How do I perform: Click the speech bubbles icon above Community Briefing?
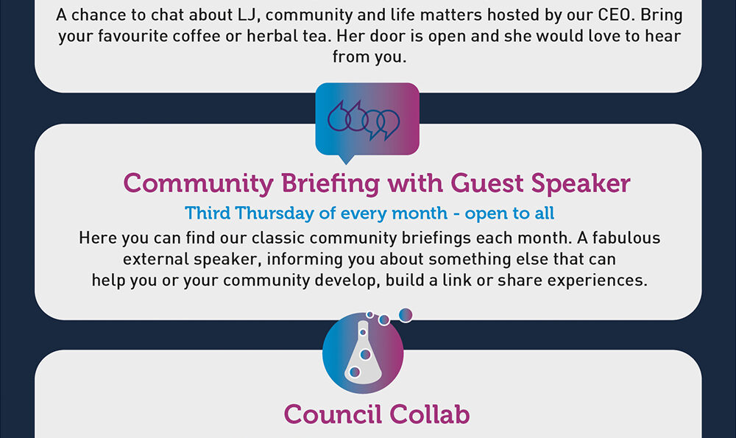click(367, 123)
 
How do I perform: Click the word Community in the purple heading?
click(198, 183)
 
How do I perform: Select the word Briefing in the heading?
click(330, 183)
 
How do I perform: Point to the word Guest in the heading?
click(486, 183)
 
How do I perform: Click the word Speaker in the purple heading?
click(581, 184)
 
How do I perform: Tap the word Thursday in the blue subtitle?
click(275, 213)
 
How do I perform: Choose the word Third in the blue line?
click(208, 213)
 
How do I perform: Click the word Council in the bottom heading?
click(333, 414)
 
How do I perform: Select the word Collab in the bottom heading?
click(430, 414)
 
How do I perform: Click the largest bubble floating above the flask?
click(406, 315)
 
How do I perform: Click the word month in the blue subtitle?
click(420, 213)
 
